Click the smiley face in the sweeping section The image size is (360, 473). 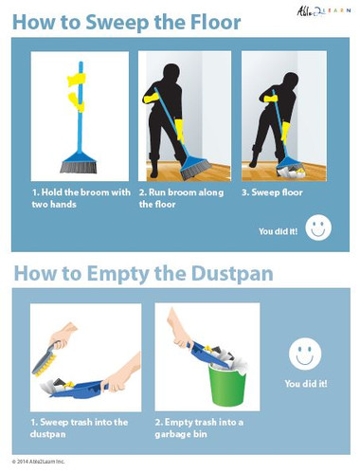point(320,227)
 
